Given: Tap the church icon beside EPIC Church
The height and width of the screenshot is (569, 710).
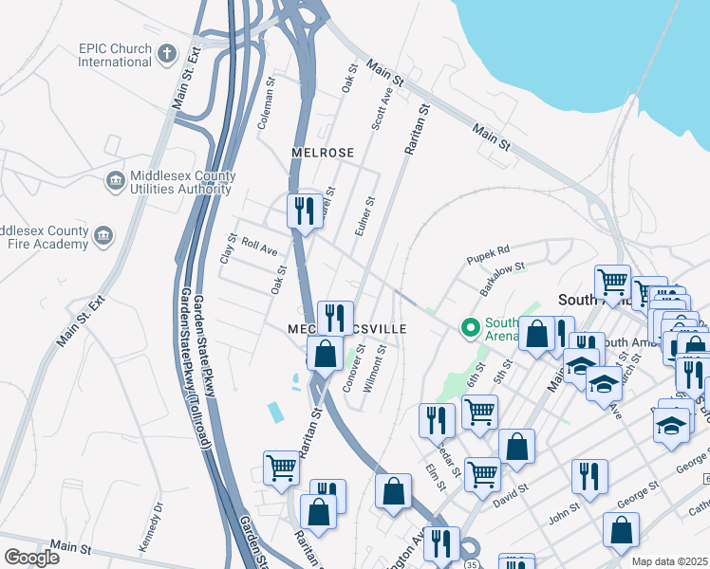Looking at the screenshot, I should pos(167,53).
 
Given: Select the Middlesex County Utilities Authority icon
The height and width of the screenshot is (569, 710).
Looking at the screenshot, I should pos(115,180).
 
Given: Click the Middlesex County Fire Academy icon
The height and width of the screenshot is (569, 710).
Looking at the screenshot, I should pos(103,235).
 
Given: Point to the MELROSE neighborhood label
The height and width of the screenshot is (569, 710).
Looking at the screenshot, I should pos(323,153).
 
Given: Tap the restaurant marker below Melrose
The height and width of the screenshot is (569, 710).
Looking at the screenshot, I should pos(304,211).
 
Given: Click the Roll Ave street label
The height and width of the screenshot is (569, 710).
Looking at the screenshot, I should pos(258,248).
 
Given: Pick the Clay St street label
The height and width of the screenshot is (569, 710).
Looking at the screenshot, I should pos(227,249).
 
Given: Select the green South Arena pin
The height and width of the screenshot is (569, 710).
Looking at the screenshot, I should pos(469,328).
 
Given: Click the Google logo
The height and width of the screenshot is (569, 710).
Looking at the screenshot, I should pos(31,557).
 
